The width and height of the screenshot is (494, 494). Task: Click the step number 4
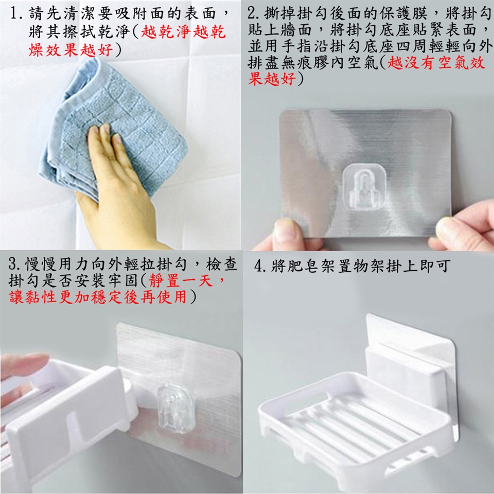pos(259,266)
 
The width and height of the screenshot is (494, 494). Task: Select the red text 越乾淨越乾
pos(183,31)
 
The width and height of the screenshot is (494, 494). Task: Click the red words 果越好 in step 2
pos(271,79)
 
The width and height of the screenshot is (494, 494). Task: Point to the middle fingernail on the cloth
pos(104,128)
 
